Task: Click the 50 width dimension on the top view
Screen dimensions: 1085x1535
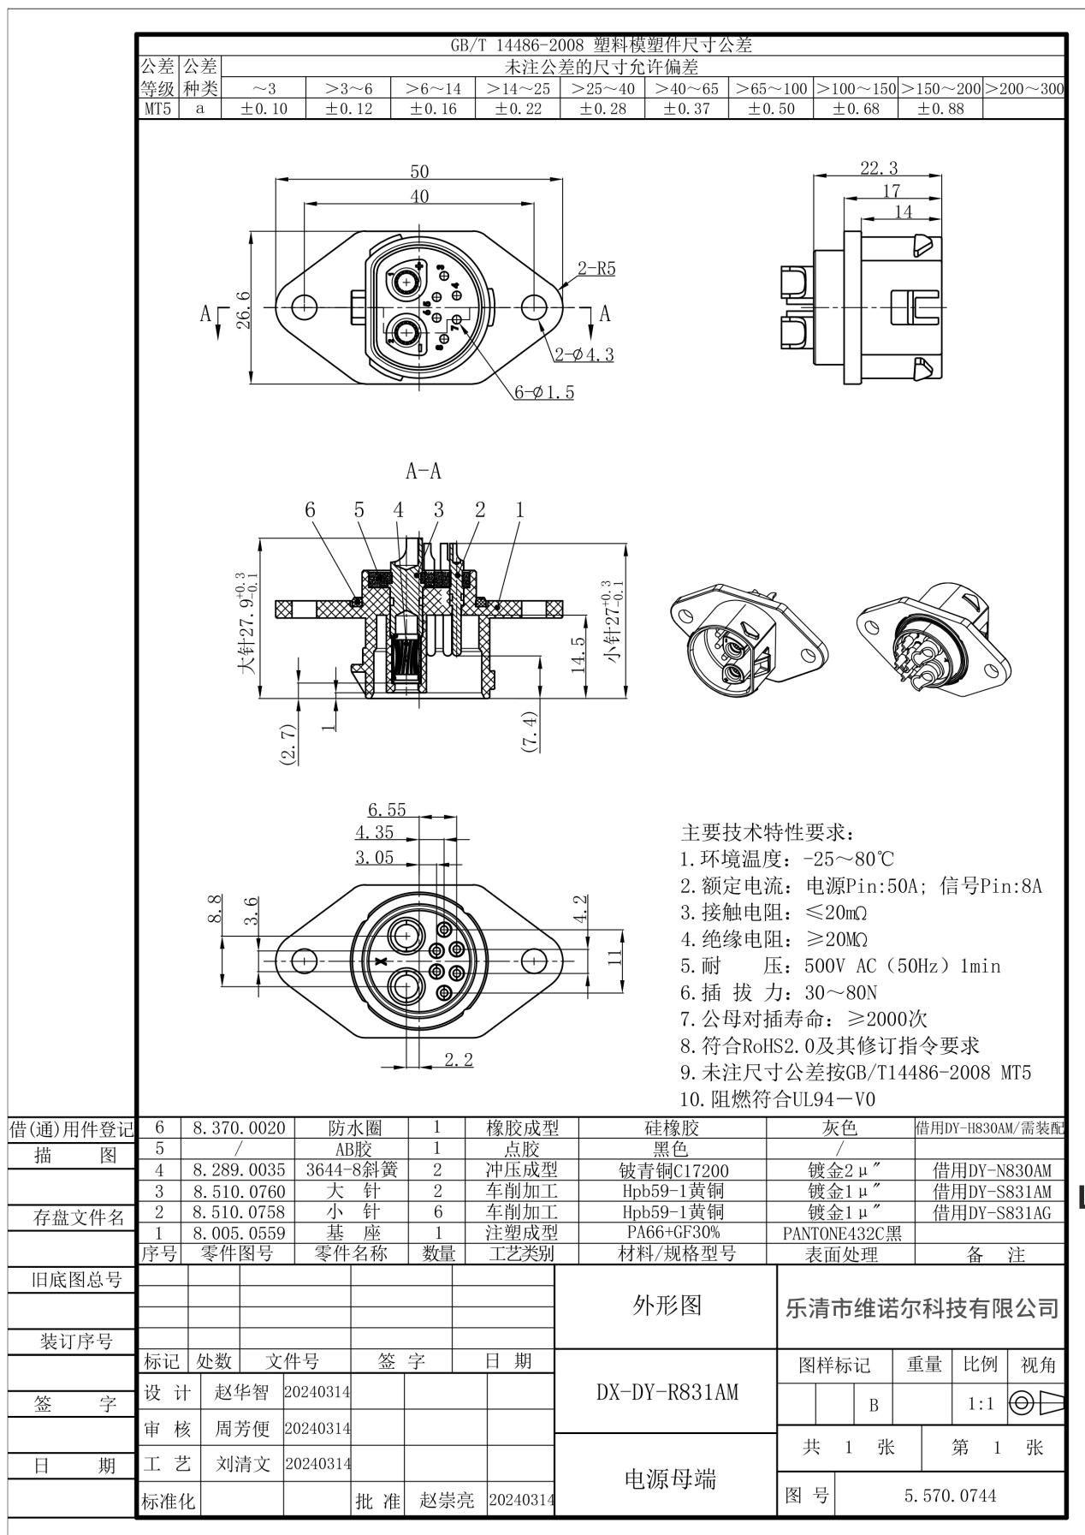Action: coord(419,171)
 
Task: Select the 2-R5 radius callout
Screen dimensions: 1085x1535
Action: coord(596,268)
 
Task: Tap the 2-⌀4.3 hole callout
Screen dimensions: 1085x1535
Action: coord(584,354)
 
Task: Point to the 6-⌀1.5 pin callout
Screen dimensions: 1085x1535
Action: coord(544,392)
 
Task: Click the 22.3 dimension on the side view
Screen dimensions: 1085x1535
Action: coord(879,168)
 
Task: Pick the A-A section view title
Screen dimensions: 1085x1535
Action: coord(424,471)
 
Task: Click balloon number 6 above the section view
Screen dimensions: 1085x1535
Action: coord(310,510)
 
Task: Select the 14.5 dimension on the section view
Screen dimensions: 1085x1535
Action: coord(578,654)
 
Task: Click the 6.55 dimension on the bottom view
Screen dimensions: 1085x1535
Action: coord(387,809)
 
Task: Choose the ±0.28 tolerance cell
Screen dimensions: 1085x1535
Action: coord(602,109)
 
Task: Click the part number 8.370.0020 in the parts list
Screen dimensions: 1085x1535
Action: coord(239,1128)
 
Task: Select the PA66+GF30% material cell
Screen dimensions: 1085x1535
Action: coord(672,1232)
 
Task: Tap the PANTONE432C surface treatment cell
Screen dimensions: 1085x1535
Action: coord(840,1233)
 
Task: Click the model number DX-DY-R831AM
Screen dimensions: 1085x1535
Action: coord(667,1393)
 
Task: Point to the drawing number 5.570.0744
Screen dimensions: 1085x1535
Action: coord(950,1496)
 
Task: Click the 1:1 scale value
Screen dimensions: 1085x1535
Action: coord(980,1405)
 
